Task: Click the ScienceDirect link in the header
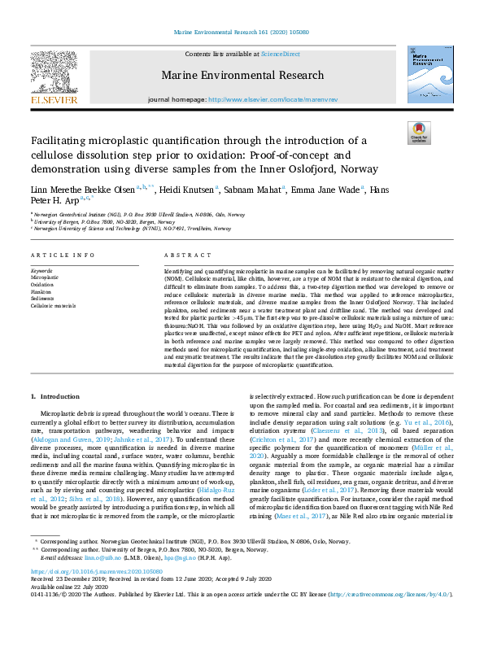(x=280, y=54)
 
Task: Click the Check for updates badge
(x=418, y=133)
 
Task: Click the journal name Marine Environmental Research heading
(x=242, y=75)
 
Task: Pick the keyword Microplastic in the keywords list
(x=45, y=277)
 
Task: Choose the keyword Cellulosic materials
(x=54, y=305)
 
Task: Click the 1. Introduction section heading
(x=56, y=396)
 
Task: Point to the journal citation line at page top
(x=242, y=33)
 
